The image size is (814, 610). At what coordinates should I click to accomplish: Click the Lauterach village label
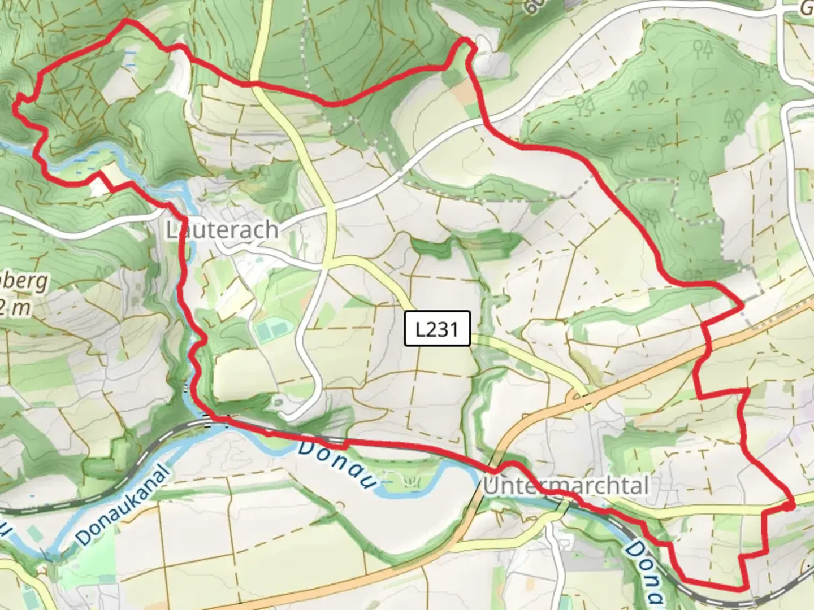click(x=222, y=230)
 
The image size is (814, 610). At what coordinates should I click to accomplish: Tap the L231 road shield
click(x=437, y=328)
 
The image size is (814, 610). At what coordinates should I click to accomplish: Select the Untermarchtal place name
click(x=566, y=486)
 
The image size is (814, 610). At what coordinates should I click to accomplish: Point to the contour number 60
click(x=534, y=7)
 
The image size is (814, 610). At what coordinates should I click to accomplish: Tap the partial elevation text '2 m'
click(x=15, y=308)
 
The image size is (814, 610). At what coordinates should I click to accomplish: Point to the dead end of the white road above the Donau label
click(x=286, y=417)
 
